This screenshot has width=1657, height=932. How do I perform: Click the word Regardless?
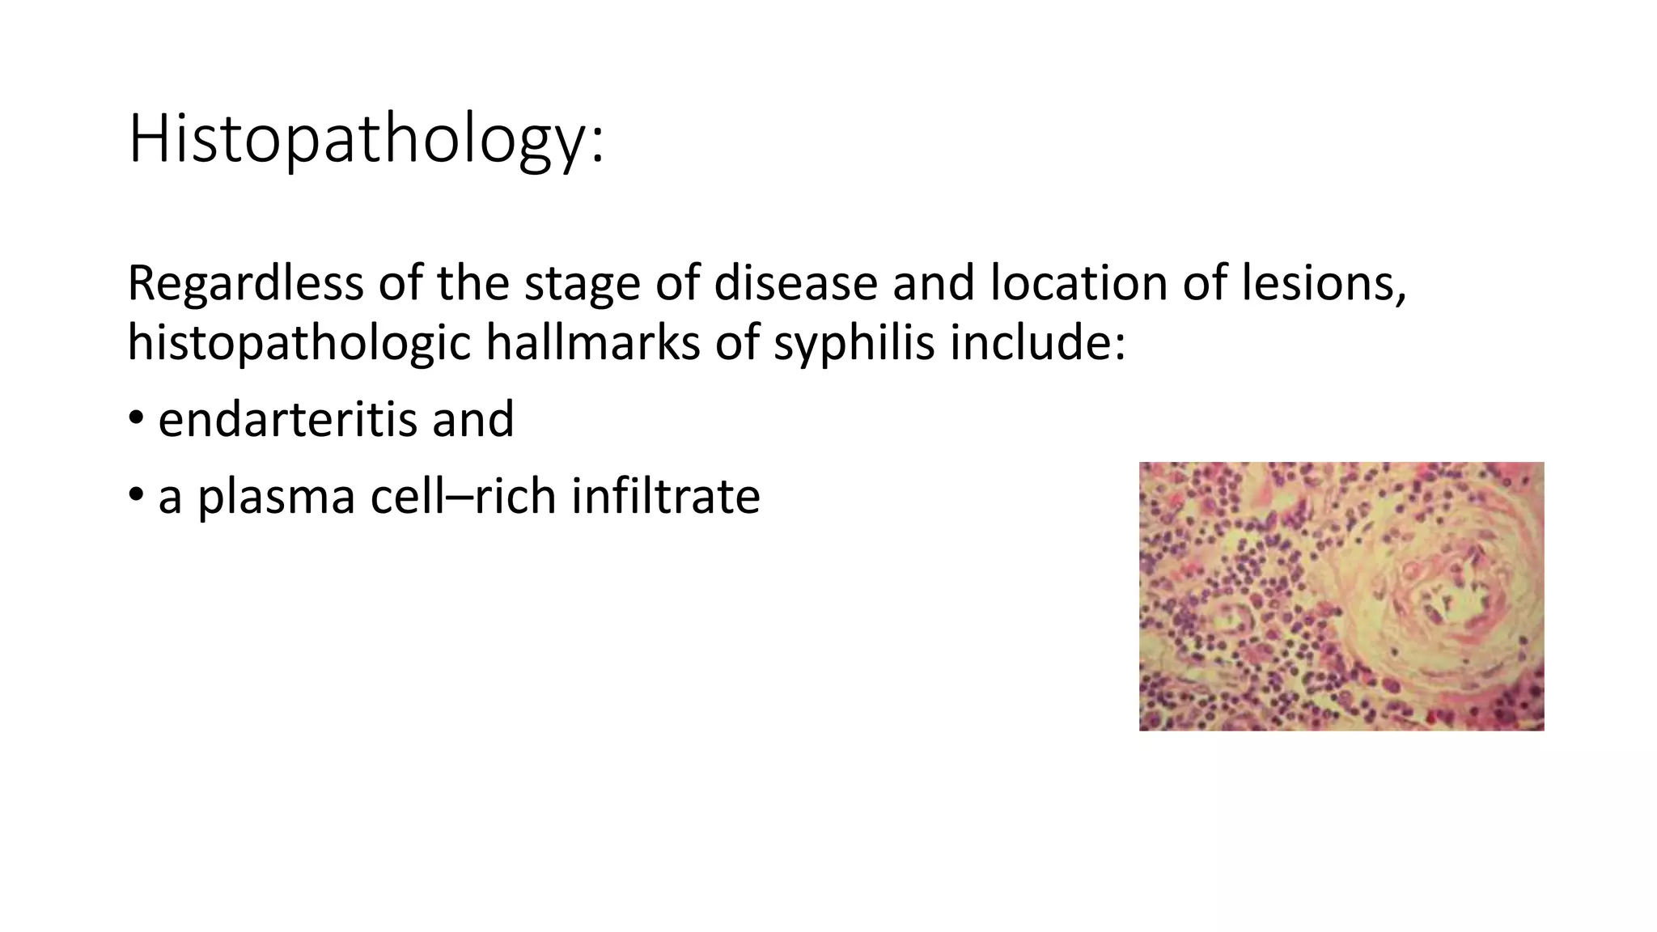click(245, 283)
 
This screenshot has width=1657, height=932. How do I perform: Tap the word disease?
click(795, 283)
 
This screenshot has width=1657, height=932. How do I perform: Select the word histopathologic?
click(299, 342)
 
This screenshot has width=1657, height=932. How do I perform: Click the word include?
click(1037, 342)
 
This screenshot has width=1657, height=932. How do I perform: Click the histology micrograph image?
click(1341, 596)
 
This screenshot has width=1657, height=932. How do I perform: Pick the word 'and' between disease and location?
click(933, 283)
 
